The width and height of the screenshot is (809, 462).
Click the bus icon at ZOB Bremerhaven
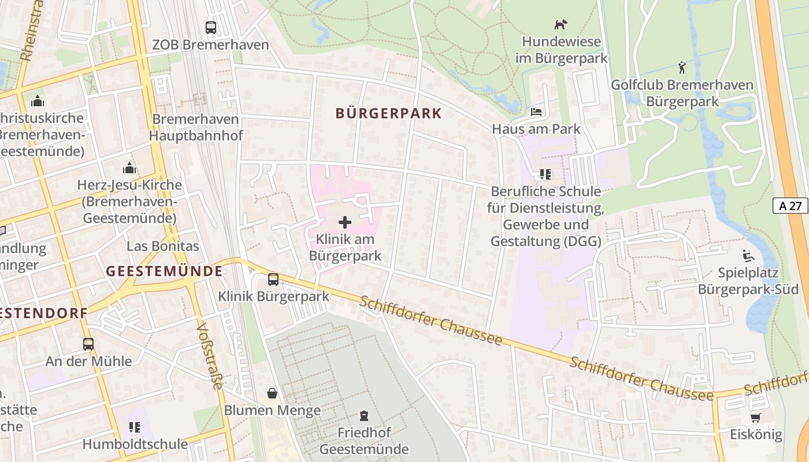[211, 27]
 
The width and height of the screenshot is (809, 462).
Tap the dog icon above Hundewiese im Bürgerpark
[561, 24]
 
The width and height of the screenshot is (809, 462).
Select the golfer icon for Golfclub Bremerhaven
[682, 68]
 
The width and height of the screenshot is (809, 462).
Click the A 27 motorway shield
[790, 206]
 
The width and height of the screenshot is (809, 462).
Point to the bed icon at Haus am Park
[536, 111]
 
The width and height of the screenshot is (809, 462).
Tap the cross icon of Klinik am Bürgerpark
[345, 222]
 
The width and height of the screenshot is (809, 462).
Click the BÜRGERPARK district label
[388, 113]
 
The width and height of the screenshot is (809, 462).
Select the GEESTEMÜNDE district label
[165, 271]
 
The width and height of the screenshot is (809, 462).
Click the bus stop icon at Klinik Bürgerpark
[273, 280]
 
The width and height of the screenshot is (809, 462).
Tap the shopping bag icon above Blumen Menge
[272, 393]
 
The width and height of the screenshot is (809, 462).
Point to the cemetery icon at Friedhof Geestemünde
[364, 415]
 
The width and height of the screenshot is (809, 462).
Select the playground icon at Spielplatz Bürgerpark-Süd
[748, 255]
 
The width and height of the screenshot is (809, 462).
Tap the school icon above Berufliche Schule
[545, 174]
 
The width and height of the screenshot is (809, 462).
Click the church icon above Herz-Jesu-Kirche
[129, 168]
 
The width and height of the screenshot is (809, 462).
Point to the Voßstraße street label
[209, 356]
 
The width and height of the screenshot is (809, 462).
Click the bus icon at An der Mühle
[88, 344]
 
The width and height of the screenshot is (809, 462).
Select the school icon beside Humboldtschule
[135, 427]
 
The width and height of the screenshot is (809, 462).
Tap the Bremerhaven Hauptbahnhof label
[196, 127]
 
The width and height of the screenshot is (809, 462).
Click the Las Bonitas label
[163, 246]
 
